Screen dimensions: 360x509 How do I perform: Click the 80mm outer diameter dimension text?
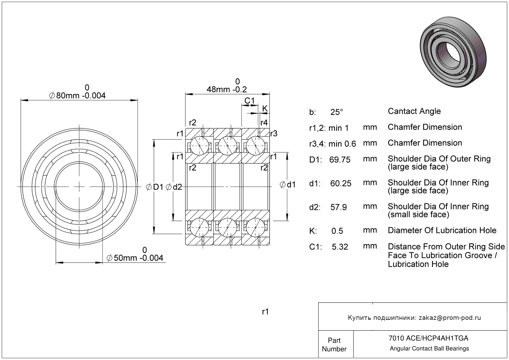(78, 95)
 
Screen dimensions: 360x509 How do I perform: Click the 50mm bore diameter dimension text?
(135, 258)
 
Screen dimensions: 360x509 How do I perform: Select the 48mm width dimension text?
(227, 90)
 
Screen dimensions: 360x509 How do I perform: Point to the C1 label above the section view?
(249, 101)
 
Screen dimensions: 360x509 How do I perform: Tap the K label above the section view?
(265, 108)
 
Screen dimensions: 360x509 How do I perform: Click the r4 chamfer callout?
(264, 123)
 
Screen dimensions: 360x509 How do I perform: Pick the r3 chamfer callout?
(274, 133)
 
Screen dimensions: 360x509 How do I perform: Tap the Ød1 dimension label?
(288, 185)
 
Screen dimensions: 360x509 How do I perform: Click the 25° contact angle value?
(336, 112)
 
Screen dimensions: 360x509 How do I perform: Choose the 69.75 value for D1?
(340, 160)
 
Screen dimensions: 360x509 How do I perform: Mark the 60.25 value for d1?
(341, 184)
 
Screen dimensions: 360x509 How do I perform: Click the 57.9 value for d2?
(339, 207)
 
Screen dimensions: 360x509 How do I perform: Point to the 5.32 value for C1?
(340, 247)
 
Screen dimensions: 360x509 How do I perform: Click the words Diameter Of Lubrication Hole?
(442, 230)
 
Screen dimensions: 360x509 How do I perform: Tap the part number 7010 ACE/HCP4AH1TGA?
(428, 338)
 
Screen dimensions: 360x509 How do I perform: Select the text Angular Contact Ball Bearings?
(429, 349)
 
